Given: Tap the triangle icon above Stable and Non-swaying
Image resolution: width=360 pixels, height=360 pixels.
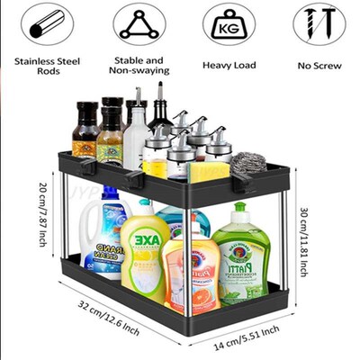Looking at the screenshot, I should pos(139,23).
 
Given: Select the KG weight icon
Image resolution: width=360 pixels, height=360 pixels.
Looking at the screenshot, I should pos(229,23).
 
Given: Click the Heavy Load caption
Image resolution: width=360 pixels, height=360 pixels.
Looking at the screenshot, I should pos(229,64).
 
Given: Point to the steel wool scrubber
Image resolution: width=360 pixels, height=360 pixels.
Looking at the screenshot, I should pos(249,165).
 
